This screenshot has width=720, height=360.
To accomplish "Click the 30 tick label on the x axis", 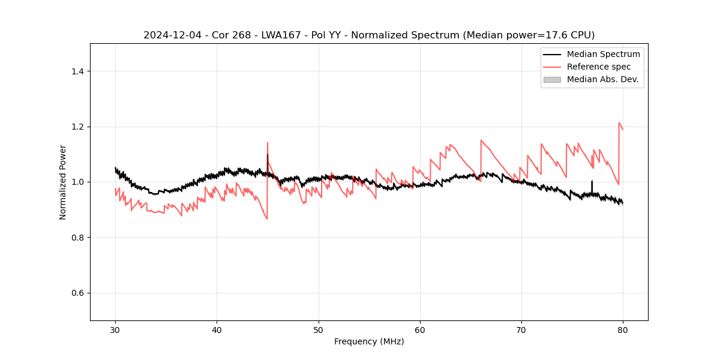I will pyautogui.click(x=115, y=330).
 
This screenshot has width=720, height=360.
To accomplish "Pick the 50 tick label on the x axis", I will pyautogui.click(x=319, y=330).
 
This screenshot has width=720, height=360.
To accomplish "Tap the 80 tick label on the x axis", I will pyautogui.click(x=623, y=330).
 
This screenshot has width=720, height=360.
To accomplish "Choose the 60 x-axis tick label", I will pyautogui.click(x=420, y=330).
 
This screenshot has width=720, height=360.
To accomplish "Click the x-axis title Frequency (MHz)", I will pyautogui.click(x=369, y=341).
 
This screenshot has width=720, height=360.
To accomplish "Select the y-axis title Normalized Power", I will pyautogui.click(x=63, y=182).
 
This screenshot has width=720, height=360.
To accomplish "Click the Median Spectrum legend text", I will pyautogui.click(x=603, y=54).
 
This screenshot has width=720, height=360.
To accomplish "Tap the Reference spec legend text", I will pyautogui.click(x=599, y=67).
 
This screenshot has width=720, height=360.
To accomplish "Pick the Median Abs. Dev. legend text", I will pyautogui.click(x=603, y=79).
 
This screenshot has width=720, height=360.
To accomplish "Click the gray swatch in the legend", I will pyautogui.click(x=552, y=79).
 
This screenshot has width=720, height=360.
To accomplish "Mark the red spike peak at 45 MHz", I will pyautogui.click(x=268, y=143).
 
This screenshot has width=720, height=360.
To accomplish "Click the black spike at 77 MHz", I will pyautogui.click(x=592, y=181).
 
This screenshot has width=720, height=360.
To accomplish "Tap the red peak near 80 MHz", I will pyautogui.click(x=619, y=123).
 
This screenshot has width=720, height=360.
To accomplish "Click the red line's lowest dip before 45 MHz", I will pyautogui.click(x=267, y=218).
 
